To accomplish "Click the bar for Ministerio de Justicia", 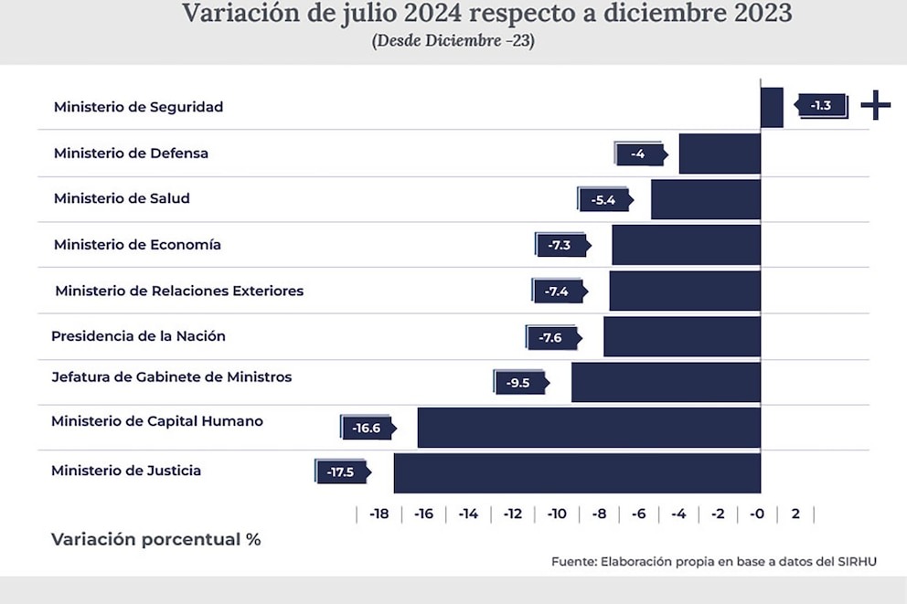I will (x=577, y=472).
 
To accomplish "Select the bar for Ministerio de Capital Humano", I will (x=589, y=427).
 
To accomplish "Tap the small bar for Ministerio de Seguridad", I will (x=772, y=107).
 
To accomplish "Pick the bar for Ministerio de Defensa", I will (x=720, y=154).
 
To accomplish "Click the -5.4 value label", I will (x=603, y=199).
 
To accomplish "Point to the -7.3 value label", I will (x=560, y=245).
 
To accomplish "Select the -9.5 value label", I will (x=518, y=383).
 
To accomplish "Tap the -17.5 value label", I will (x=341, y=472).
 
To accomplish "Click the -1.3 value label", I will (x=821, y=105).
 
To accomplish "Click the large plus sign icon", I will (x=875, y=106).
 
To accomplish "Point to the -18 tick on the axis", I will (x=379, y=514).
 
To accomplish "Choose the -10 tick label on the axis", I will (x=557, y=514).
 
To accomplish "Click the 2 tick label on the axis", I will (x=795, y=514).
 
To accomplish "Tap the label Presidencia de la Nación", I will (x=138, y=336).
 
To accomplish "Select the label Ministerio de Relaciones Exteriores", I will (x=179, y=291).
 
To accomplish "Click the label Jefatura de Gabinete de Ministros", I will (x=172, y=376).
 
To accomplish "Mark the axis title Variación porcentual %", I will (x=156, y=539).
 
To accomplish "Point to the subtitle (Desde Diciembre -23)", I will (x=453, y=41).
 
